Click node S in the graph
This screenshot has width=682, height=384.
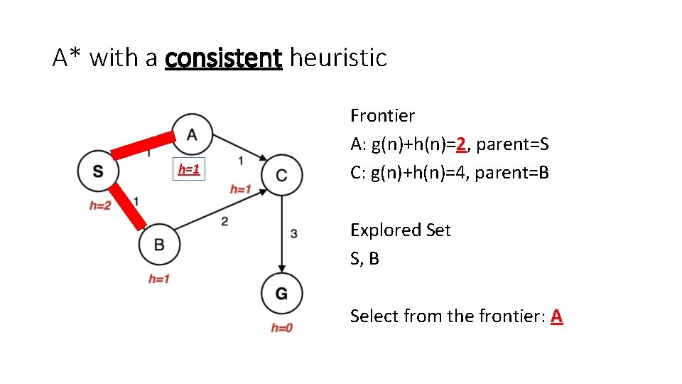[98, 171]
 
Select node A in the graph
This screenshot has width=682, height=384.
[191, 134]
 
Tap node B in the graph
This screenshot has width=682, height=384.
[159, 245]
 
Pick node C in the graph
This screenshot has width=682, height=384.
[282, 175]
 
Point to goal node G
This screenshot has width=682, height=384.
[281, 293]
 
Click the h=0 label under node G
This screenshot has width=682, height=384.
[281, 328]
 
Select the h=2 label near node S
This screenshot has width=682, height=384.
[100, 206]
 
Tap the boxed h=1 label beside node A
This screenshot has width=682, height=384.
[188, 169]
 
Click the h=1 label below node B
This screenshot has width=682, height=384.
[158, 279]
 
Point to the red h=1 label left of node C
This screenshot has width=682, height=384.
[241, 189]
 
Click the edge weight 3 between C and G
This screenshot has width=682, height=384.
[294, 233]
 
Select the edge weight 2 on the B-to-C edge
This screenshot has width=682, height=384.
[224, 222]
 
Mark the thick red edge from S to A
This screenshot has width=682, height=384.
[144, 144]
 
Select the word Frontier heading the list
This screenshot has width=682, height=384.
[382, 115]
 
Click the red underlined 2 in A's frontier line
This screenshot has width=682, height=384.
[462, 144]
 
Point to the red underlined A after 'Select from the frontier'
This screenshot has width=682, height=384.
[556, 316]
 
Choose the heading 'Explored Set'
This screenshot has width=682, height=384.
[400, 230]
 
